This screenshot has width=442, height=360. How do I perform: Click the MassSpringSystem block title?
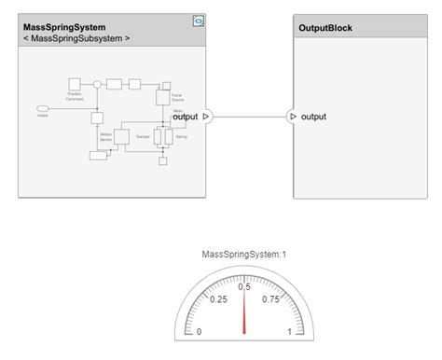[63, 27]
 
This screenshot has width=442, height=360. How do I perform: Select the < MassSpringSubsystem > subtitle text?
[76, 39]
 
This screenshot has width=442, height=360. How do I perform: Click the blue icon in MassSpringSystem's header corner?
[198, 20]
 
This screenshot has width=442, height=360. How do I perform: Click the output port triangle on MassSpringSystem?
[206, 117]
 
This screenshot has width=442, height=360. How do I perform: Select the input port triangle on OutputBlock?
[293, 117]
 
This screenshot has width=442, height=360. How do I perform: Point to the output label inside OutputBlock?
[314, 117]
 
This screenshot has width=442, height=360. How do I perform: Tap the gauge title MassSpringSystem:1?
[243, 254]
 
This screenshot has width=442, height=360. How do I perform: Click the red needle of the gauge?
[244, 308]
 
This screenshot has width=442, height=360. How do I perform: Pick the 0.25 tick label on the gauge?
[218, 299]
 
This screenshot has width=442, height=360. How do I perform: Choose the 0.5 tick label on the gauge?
[244, 286]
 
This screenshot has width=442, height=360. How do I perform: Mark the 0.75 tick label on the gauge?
[270, 299]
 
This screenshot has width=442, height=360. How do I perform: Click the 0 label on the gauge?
[199, 331]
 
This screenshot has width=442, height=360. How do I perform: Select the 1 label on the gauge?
[289, 331]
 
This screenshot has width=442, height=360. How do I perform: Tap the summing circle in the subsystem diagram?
[96, 84]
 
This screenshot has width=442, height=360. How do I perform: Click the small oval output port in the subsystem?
[42, 108]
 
